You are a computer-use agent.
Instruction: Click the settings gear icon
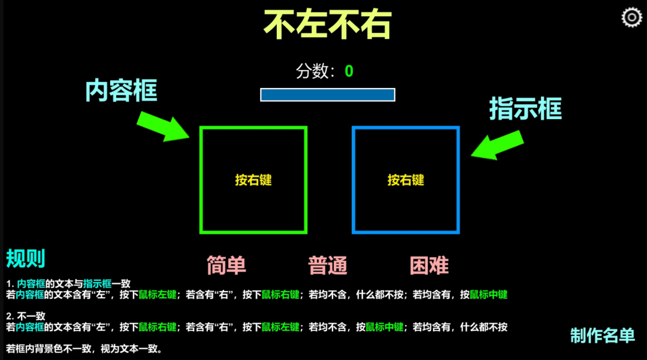(x=631, y=17)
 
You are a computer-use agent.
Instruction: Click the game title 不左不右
(x=327, y=25)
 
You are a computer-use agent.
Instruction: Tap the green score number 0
(x=349, y=72)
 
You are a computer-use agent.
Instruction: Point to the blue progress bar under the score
(x=327, y=95)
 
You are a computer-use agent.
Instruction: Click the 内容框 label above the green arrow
(x=121, y=91)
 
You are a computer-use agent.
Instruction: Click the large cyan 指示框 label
(x=525, y=109)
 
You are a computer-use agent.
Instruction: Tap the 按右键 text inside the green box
(x=253, y=180)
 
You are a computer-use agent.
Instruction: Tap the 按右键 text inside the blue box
(x=406, y=180)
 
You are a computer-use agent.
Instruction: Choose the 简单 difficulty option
(x=226, y=265)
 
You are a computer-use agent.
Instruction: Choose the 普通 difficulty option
(x=328, y=265)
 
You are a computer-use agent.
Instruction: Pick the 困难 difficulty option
(x=429, y=265)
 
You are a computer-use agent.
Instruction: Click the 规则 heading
(x=26, y=259)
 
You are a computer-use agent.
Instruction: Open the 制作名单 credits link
(x=602, y=335)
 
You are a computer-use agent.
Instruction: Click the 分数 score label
(x=315, y=72)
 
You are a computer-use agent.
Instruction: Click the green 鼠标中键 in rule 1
(x=488, y=295)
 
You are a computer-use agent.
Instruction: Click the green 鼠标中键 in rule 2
(x=384, y=327)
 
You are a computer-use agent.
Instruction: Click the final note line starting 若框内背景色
(x=84, y=349)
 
